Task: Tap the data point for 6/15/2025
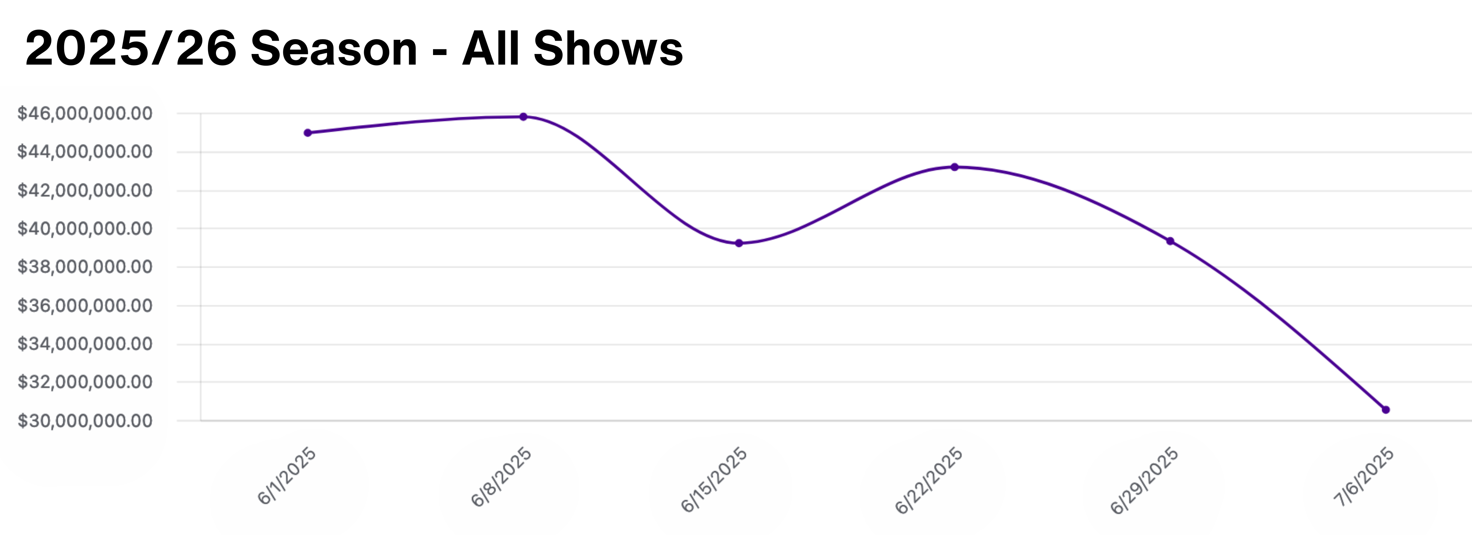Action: tap(739, 243)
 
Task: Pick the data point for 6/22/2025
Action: tap(954, 167)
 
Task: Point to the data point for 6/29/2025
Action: tap(1170, 241)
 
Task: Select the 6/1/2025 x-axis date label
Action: tap(287, 476)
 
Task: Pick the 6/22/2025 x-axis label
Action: tap(929, 480)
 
